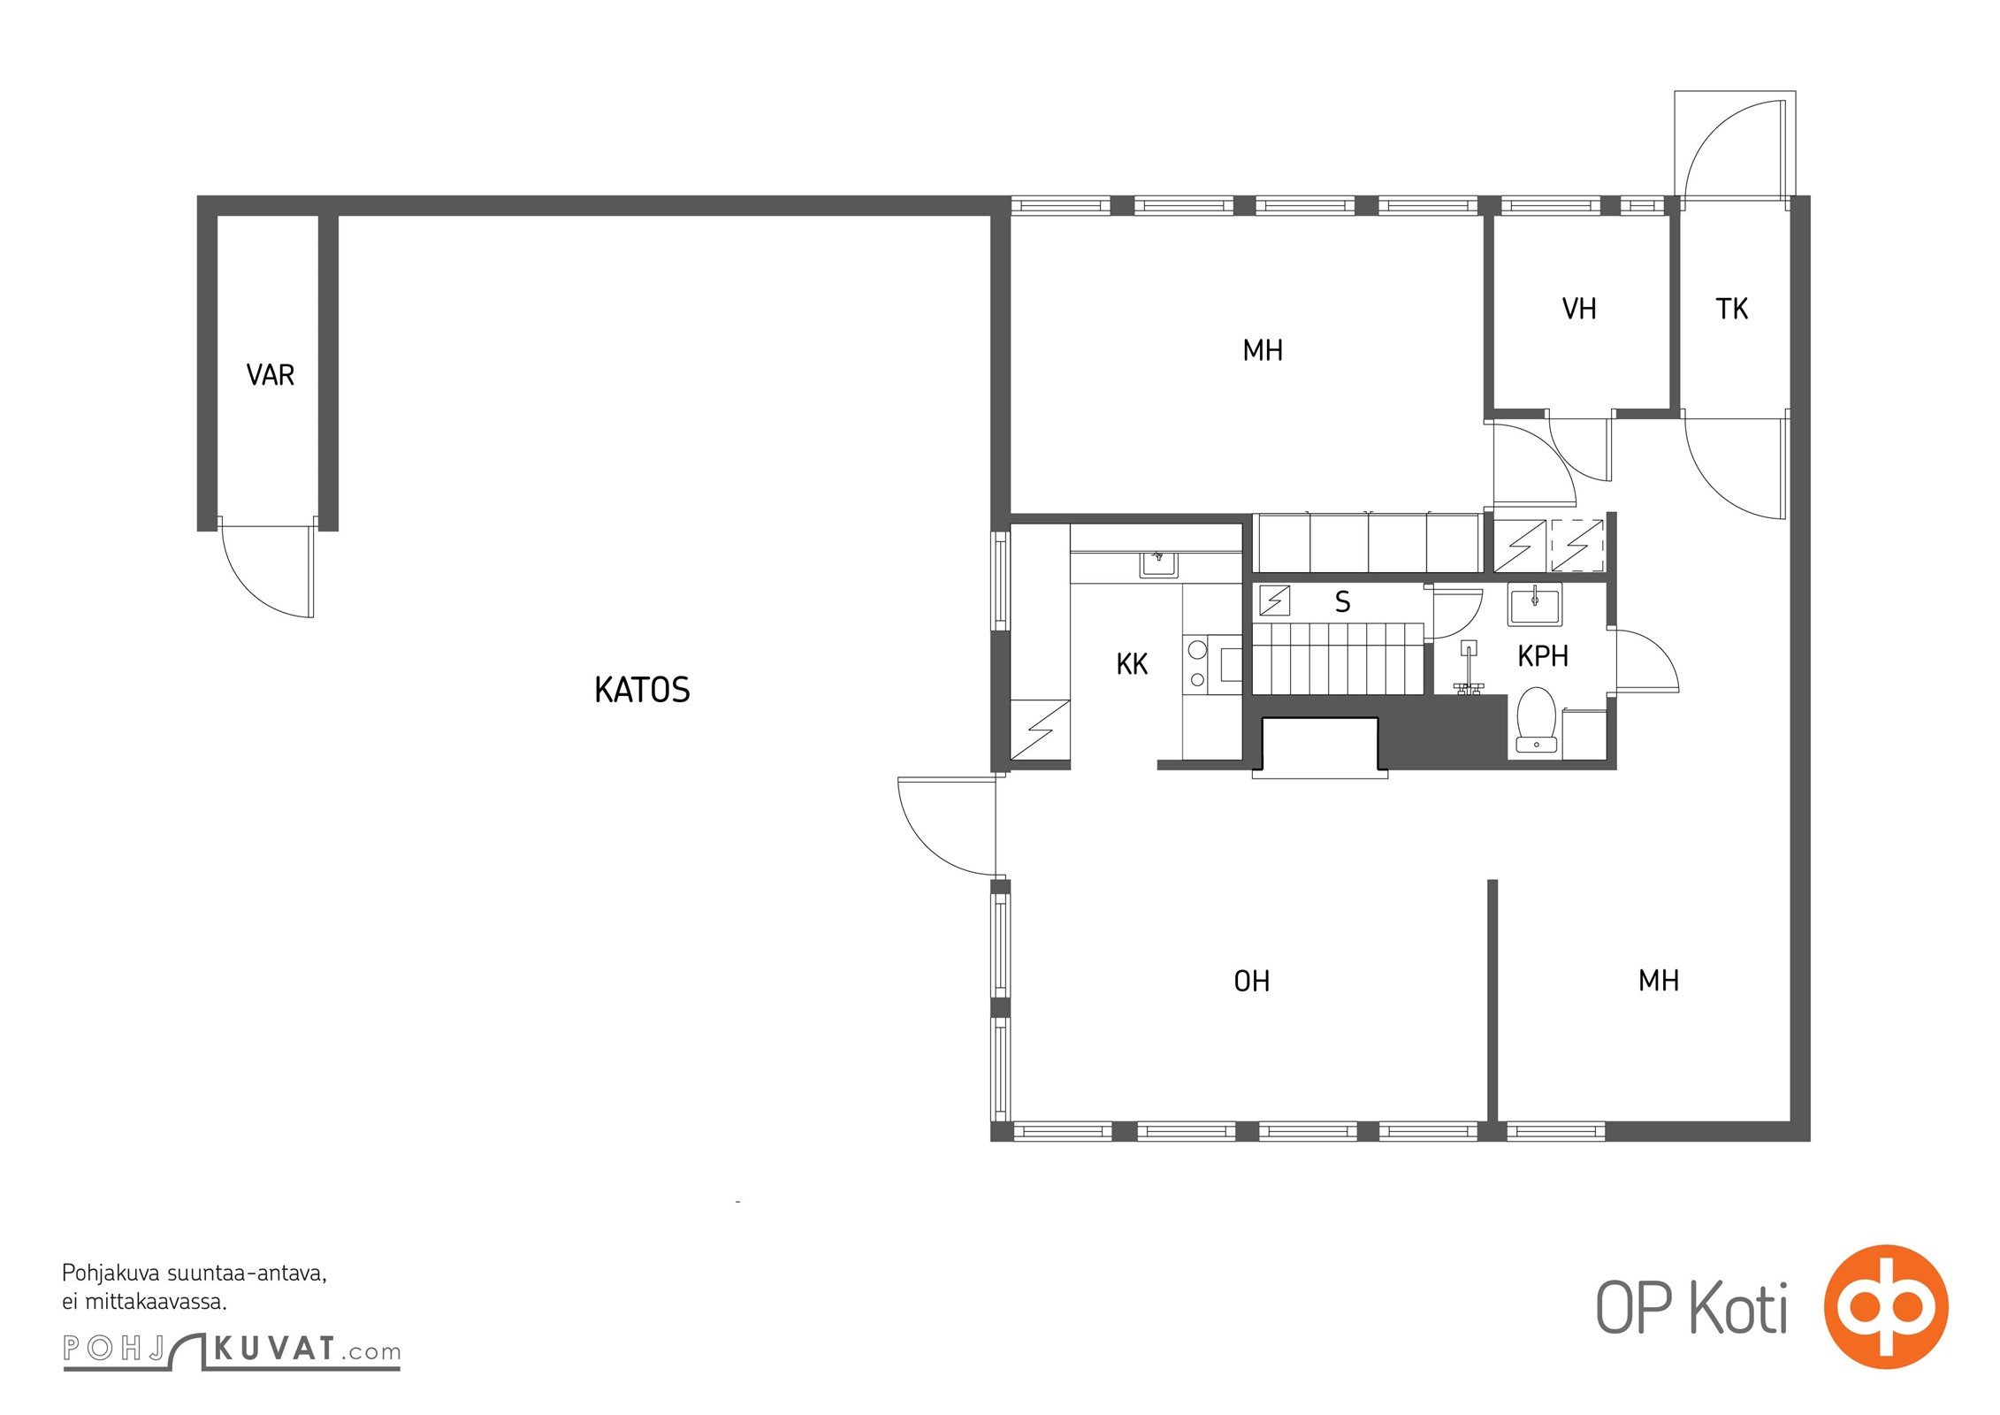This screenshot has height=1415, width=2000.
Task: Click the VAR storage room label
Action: (x=271, y=375)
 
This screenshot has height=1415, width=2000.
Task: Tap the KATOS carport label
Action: (x=642, y=690)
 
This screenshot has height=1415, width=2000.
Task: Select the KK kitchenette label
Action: (x=1132, y=664)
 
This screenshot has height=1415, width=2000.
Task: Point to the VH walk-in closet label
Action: (x=1579, y=309)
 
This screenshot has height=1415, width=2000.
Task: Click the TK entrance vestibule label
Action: (x=1732, y=309)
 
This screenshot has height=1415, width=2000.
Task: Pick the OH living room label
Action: (x=1252, y=981)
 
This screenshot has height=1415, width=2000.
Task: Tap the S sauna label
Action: (x=1342, y=602)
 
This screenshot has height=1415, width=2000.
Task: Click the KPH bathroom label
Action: (x=1543, y=656)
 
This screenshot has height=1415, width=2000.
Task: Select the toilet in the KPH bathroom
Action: (x=1537, y=721)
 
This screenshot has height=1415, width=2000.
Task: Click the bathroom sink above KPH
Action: (x=1535, y=605)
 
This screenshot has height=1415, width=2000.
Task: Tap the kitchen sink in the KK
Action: (x=1157, y=563)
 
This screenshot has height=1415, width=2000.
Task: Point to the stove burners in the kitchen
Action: (x=1197, y=664)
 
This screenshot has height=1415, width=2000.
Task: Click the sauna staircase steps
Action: (x=1338, y=658)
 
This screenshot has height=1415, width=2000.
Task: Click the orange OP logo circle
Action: (x=1886, y=1306)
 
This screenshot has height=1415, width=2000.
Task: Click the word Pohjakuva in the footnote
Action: (x=111, y=1274)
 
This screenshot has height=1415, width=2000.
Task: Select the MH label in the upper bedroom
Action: (x=1263, y=351)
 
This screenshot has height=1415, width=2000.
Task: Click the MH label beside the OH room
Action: (x=1659, y=980)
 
